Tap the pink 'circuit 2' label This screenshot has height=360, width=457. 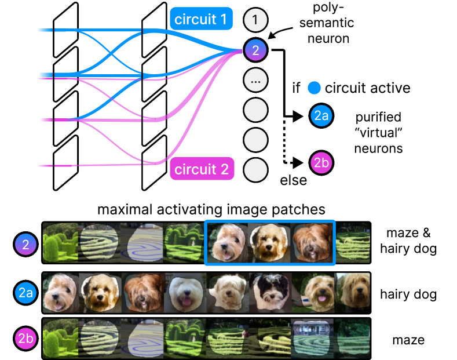[201, 170]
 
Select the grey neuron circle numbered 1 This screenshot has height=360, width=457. [255, 20]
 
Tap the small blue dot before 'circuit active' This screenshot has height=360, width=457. [314, 89]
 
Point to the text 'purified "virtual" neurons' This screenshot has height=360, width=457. [379, 132]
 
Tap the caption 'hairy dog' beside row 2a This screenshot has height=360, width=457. [408, 294]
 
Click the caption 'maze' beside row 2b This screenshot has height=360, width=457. [408, 340]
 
